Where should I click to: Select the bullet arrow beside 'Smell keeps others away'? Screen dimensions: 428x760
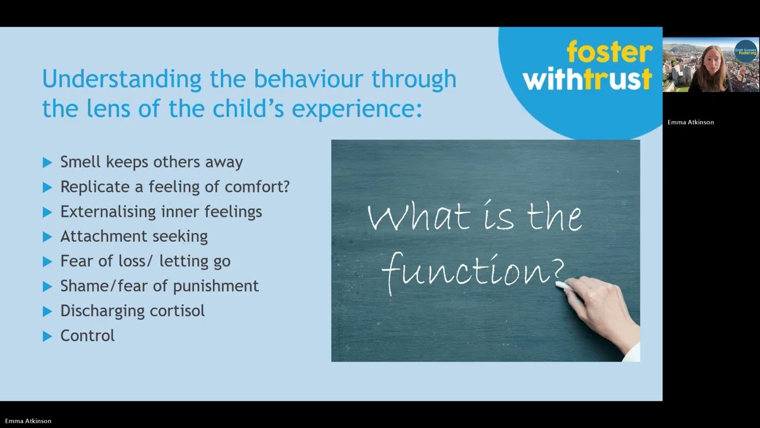[47, 162]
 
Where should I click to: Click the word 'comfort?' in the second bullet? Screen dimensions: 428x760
[257, 187]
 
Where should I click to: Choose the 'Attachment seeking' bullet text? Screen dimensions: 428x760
[134, 237]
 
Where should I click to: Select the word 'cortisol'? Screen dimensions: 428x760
[176, 311]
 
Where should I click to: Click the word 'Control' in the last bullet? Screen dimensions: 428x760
[87, 336]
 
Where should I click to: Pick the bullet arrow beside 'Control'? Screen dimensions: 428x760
[47, 336]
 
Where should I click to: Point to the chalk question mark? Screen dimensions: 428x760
[558, 272]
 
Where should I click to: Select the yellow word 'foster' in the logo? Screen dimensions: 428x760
[609, 52]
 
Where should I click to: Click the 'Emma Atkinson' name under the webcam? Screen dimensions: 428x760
[691, 122]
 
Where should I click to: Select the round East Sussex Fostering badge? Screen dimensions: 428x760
[746, 51]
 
